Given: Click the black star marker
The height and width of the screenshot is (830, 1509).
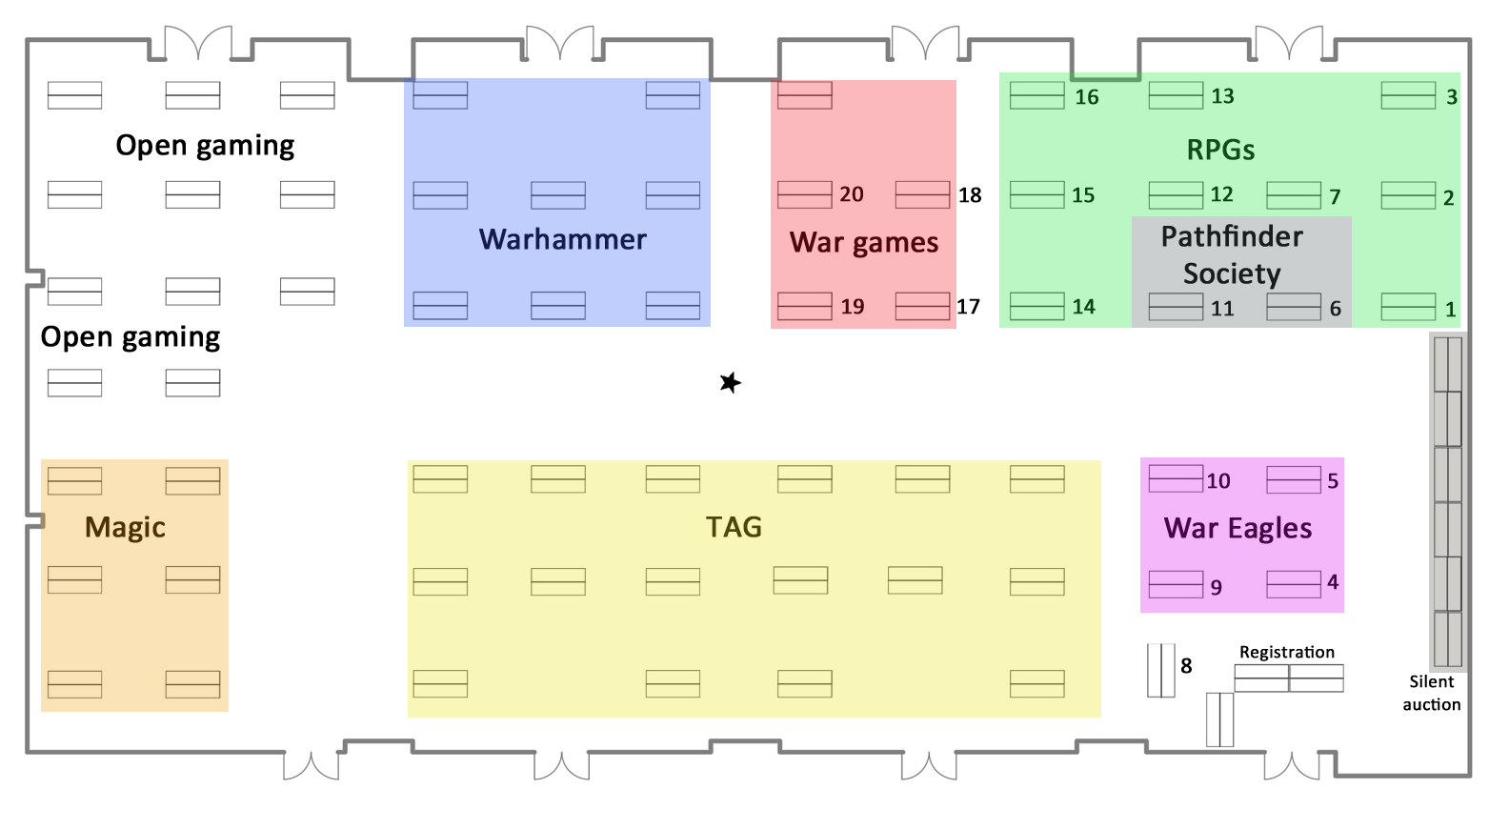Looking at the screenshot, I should pyautogui.click(x=731, y=383).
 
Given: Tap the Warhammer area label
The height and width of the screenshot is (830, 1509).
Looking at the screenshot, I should pyautogui.click(x=562, y=239).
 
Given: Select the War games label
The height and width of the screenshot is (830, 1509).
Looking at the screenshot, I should pyautogui.click(x=864, y=243).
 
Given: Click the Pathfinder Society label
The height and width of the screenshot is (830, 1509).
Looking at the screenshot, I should pyautogui.click(x=1232, y=255).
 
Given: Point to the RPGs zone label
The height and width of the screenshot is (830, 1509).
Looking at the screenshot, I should pyautogui.click(x=1220, y=150).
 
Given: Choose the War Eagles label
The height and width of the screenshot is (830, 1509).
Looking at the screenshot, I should pyautogui.click(x=1237, y=528).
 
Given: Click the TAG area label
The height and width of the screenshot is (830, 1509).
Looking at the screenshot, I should pyautogui.click(x=734, y=527).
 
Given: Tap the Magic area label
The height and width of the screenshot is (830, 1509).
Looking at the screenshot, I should pyautogui.click(x=125, y=527).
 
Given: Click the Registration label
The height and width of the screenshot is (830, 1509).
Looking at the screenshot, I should pyautogui.click(x=1286, y=652).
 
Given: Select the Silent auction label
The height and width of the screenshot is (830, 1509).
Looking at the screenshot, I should pyautogui.click(x=1431, y=693).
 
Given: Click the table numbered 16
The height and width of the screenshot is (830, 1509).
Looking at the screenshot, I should pyautogui.click(x=1036, y=95).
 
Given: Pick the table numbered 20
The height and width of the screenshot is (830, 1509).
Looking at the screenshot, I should pyautogui.click(x=804, y=194).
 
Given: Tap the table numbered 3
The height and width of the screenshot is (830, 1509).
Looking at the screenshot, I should pyautogui.click(x=1408, y=95).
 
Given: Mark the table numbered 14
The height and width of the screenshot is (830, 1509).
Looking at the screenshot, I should pyautogui.click(x=1036, y=306).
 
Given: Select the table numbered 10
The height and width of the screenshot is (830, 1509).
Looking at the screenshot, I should pyautogui.click(x=1176, y=478).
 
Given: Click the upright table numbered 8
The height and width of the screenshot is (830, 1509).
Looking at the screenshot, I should pyautogui.click(x=1160, y=670).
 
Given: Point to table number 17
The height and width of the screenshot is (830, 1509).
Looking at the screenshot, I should pyautogui.click(x=922, y=306).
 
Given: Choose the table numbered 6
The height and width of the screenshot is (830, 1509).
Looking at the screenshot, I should pyautogui.click(x=1294, y=307).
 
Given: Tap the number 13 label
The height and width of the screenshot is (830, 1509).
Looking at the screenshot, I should pyautogui.click(x=1222, y=96).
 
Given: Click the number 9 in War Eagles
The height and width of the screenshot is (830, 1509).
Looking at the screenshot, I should pyautogui.click(x=1217, y=588).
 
